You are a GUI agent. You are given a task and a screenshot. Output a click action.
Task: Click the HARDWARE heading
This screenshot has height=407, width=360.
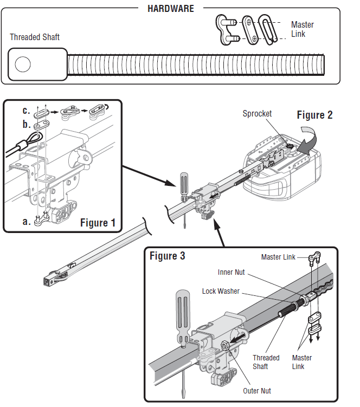pyautogui.click(x=171, y=9)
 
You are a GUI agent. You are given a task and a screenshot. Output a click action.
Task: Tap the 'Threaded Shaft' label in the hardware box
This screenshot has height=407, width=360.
pyautogui.click(x=35, y=37)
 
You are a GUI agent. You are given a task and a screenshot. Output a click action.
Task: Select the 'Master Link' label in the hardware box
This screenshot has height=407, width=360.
pyautogui.click(x=302, y=29)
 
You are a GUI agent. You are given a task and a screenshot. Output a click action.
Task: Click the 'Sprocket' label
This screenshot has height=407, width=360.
pyautogui.click(x=257, y=114)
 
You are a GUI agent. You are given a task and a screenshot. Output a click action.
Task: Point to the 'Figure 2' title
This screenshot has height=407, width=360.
pyautogui.click(x=314, y=115)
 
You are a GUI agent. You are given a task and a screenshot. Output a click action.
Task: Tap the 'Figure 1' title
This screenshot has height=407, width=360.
pyautogui.click(x=98, y=222)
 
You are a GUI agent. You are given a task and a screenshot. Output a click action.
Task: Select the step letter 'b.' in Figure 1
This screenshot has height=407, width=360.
pyautogui.click(x=26, y=124)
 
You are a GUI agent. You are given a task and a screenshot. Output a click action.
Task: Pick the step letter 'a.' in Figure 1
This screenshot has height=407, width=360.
pyautogui.click(x=26, y=221)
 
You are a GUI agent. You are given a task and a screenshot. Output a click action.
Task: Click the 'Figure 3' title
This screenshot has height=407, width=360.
pyautogui.click(x=167, y=256)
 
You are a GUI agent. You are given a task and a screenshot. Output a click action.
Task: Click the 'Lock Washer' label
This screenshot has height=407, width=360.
pyautogui.click(x=221, y=291)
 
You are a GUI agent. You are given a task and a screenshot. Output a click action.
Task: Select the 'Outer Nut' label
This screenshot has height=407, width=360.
pyautogui.click(x=258, y=390)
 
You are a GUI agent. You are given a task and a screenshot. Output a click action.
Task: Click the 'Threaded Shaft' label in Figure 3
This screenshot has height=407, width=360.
pyautogui.click(x=266, y=362)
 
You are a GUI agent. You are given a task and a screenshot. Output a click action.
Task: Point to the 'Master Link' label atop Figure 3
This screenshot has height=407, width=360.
pyautogui.click(x=278, y=257)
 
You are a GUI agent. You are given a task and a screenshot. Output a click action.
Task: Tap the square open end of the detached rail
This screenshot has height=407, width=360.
pyautogui.click(x=47, y=281)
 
